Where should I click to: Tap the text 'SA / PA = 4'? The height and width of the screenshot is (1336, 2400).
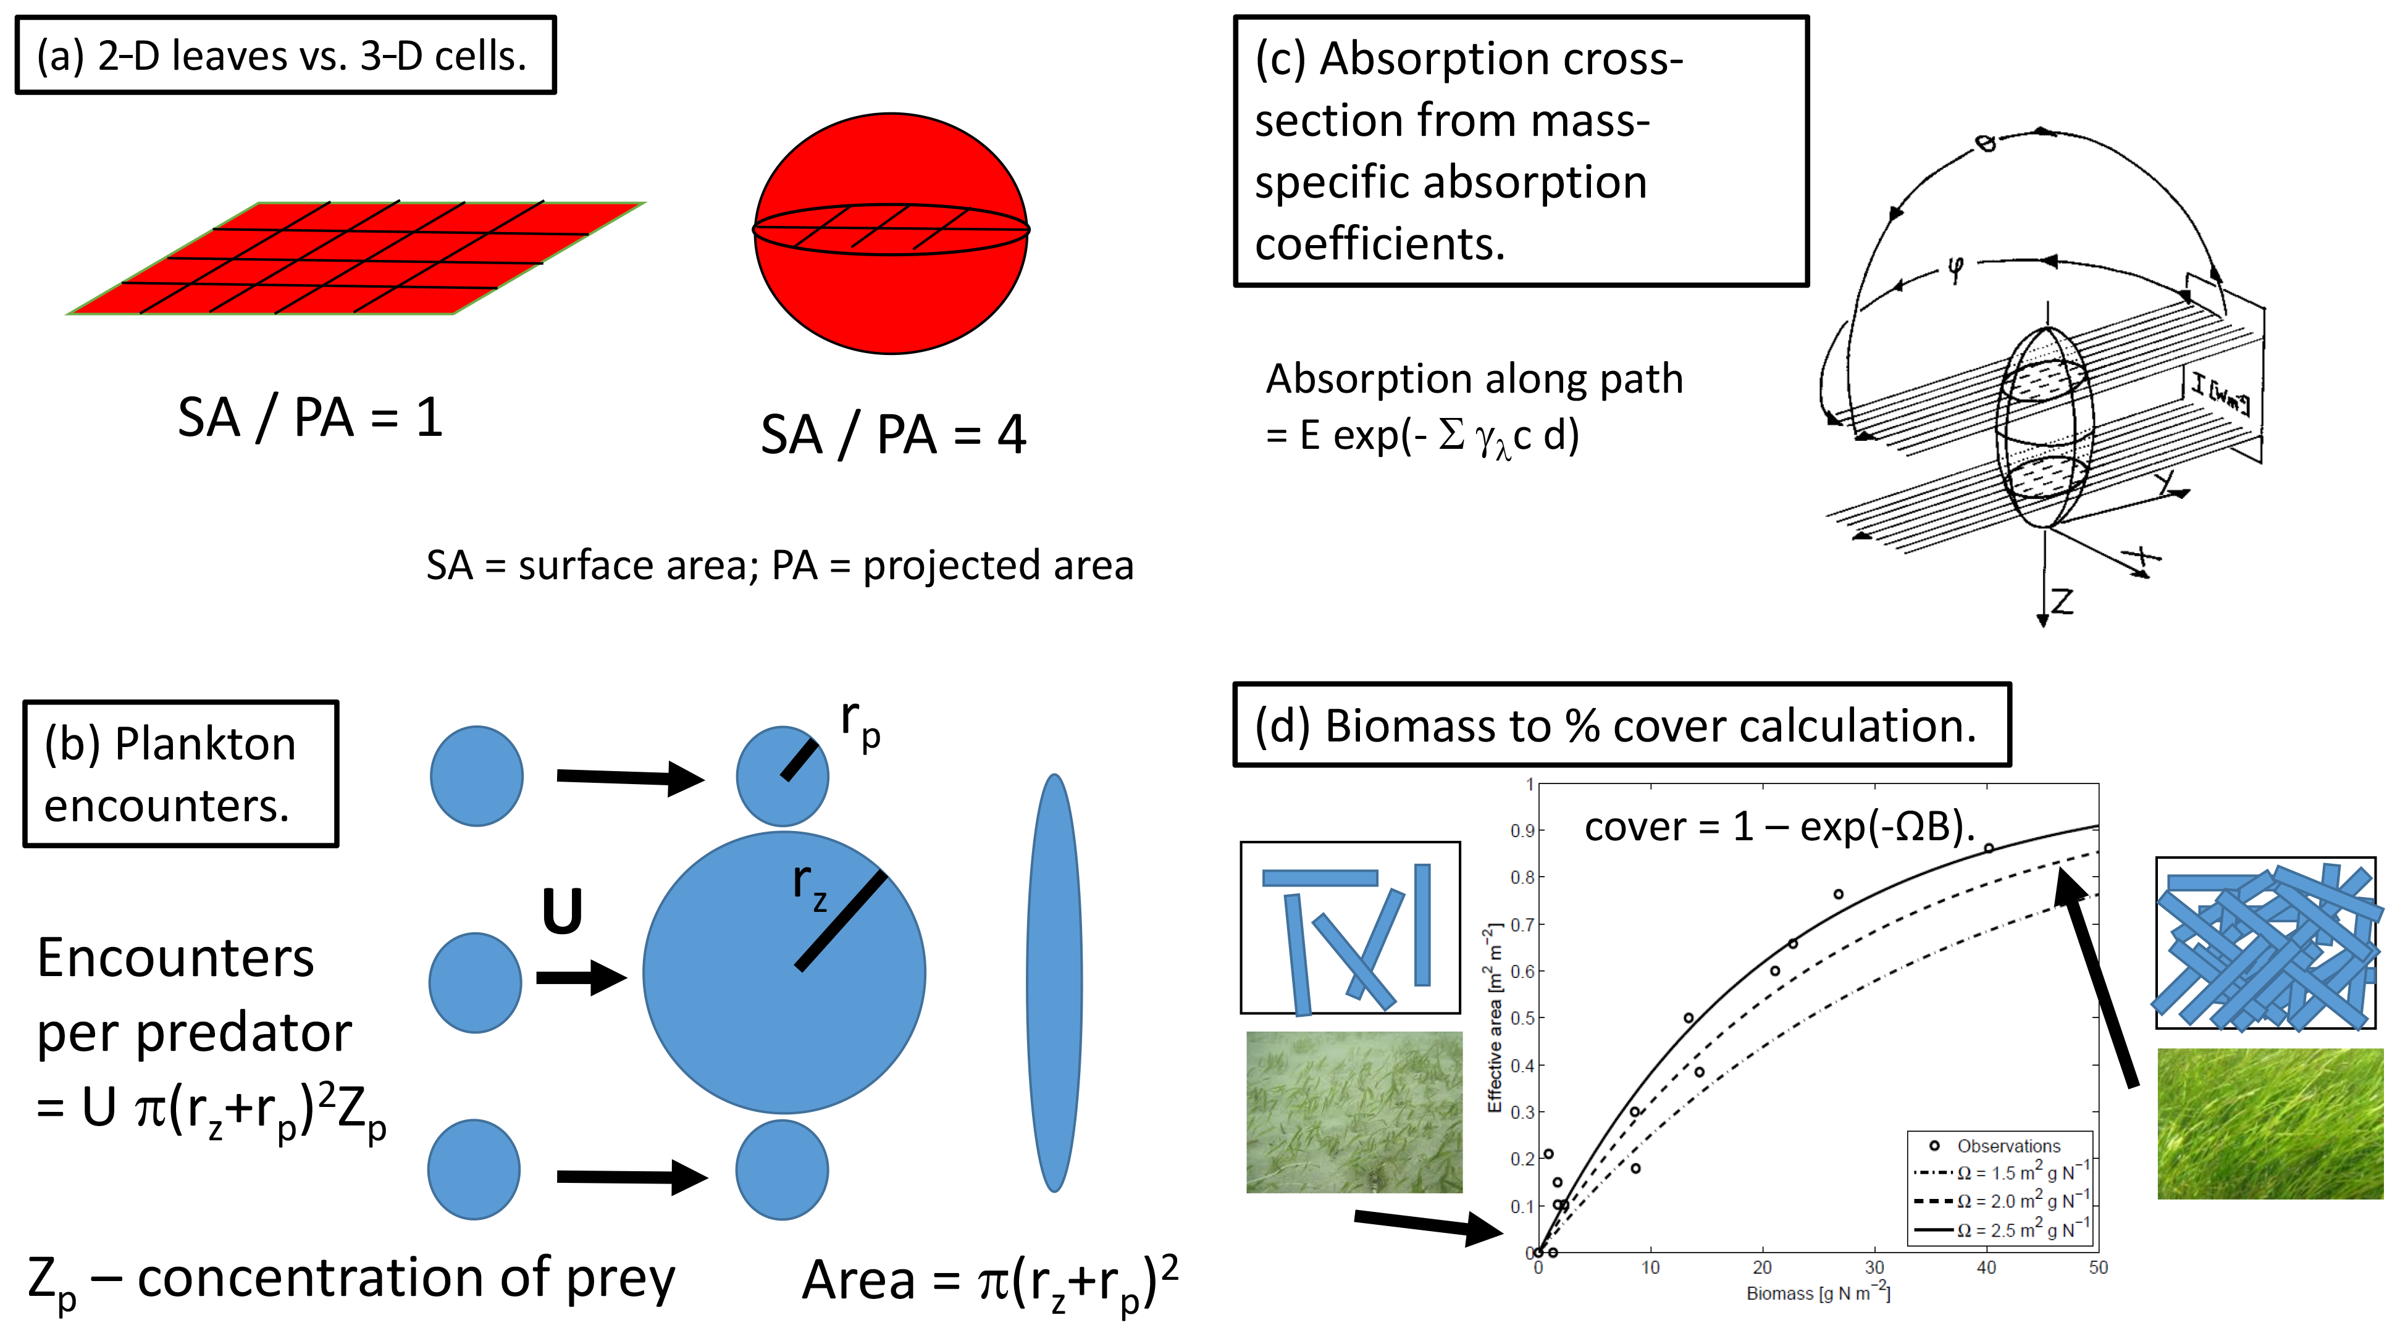click(x=892, y=435)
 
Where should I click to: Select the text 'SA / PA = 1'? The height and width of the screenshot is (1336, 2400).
click(x=309, y=417)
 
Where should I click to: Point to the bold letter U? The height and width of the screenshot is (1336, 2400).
click(x=562, y=912)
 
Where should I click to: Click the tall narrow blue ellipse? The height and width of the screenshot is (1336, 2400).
click(x=1054, y=982)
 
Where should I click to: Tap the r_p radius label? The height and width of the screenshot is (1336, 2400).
click(x=859, y=724)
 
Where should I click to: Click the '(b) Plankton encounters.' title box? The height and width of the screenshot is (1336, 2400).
click(x=181, y=774)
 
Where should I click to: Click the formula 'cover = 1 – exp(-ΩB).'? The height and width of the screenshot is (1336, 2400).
click(x=1779, y=827)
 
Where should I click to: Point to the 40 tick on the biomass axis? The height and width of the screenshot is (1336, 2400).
click(x=1986, y=1267)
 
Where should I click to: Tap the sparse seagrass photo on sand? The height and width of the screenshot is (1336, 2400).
click(x=1354, y=1111)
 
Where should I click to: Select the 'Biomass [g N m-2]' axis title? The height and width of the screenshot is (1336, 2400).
click(x=1818, y=1293)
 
